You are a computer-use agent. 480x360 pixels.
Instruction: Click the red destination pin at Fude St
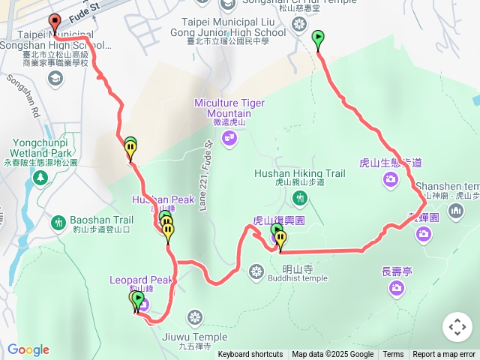point(54,22)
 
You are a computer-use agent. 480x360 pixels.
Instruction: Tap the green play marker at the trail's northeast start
point(318,37)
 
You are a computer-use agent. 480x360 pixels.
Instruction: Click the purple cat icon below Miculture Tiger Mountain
point(229,137)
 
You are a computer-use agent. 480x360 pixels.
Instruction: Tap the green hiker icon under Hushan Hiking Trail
point(300,198)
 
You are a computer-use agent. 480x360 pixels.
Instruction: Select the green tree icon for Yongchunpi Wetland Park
point(40,178)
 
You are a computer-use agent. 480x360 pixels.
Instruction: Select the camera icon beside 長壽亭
point(395,288)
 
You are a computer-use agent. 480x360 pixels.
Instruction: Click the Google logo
point(28,349)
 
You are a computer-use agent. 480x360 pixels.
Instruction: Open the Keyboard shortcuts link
point(250,355)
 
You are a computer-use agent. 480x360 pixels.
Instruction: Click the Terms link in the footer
point(393,355)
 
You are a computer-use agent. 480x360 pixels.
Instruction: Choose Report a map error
point(444,355)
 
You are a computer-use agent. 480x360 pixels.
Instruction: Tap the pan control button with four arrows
point(457,327)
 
